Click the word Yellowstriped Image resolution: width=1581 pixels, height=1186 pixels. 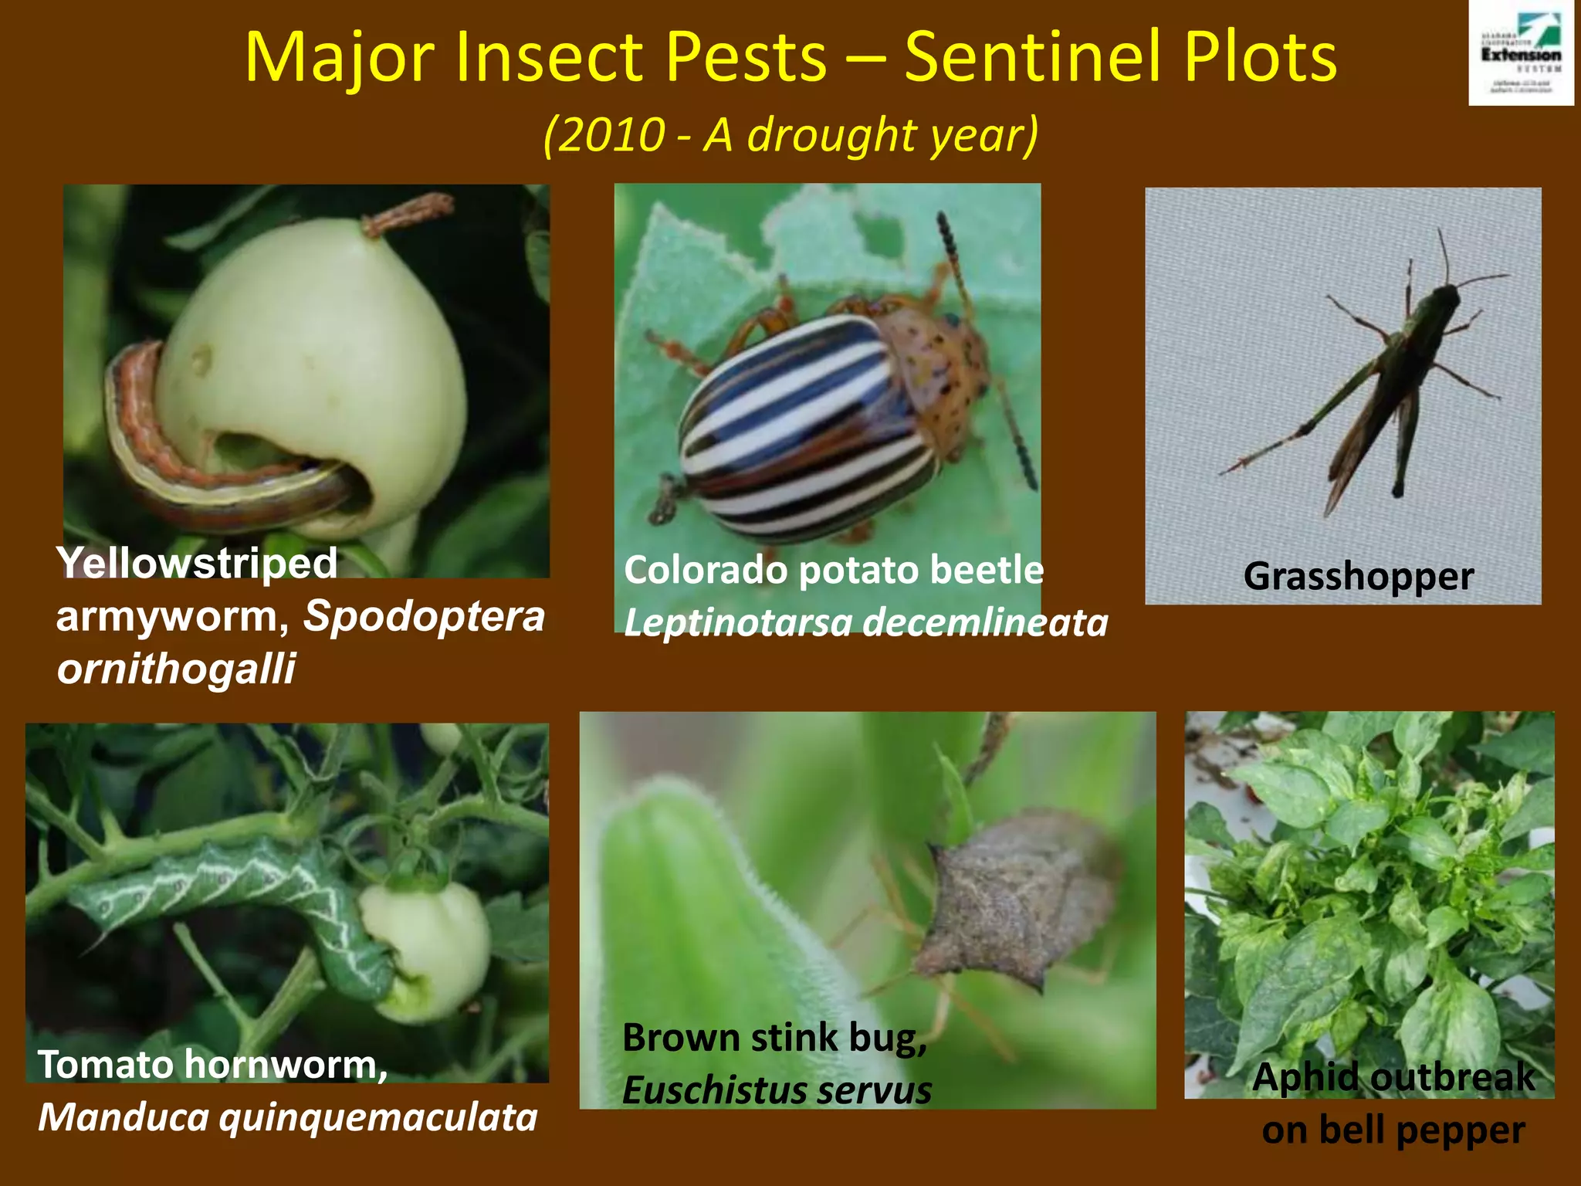coord(197,564)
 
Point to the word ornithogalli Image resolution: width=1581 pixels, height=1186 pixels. coord(176,669)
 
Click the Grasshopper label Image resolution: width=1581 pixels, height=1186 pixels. coord(1359,577)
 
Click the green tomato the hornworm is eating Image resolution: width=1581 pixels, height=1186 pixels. coord(428,946)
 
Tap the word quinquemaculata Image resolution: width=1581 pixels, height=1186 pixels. coord(378,1117)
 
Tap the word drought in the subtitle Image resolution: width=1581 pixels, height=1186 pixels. coord(830,135)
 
